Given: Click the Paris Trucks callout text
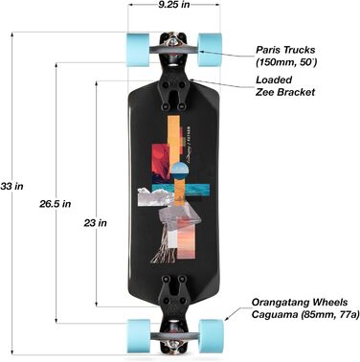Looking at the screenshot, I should coord(289,54).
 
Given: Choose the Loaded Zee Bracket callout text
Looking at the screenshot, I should coord(285,86).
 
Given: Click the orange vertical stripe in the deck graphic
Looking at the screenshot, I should coord(174,134).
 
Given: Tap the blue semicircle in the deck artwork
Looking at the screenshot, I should coord(178,170).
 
